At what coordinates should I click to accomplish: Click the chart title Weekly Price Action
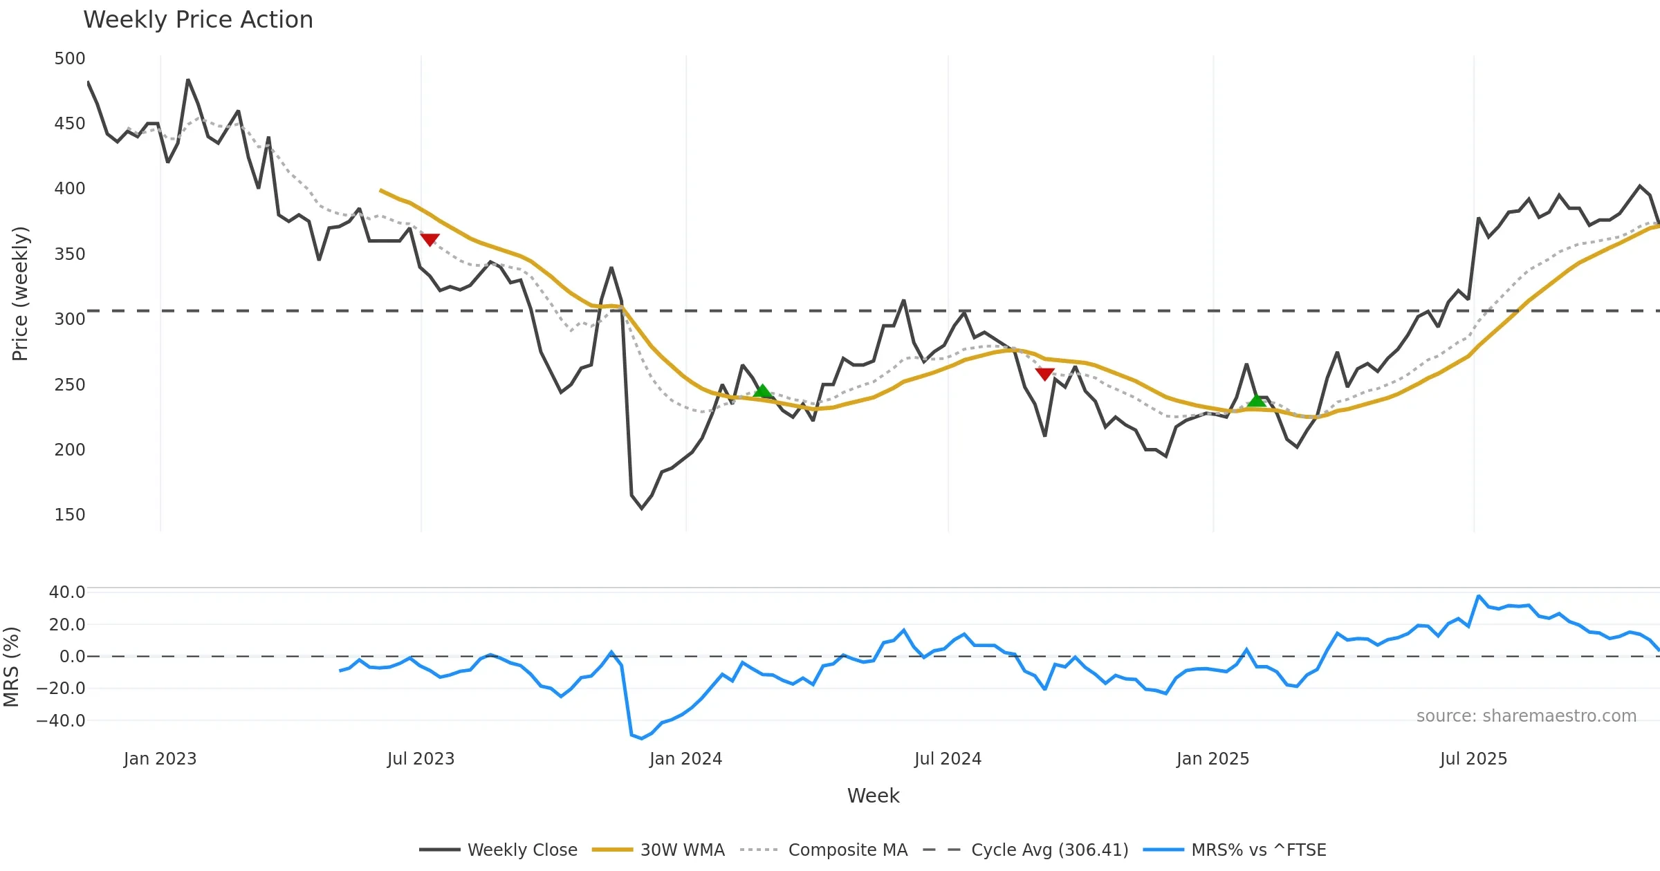click(x=198, y=20)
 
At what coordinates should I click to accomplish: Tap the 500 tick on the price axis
click(x=70, y=59)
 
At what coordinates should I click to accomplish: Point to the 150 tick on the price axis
click(x=70, y=515)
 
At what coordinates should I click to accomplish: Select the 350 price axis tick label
click(x=70, y=254)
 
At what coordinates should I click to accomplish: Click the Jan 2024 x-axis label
click(x=685, y=759)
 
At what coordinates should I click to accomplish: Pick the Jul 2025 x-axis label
click(x=1473, y=759)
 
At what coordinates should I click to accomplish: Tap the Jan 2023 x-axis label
click(x=160, y=759)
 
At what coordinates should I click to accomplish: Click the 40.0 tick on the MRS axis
click(x=67, y=592)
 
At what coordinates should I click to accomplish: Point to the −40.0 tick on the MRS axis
click(x=62, y=721)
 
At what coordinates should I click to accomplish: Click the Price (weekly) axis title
click(x=20, y=294)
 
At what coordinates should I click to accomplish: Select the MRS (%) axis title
click(x=11, y=667)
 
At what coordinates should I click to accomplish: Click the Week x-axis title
click(x=873, y=796)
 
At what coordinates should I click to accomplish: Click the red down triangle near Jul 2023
click(x=430, y=240)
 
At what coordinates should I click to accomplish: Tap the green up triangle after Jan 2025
click(x=1257, y=400)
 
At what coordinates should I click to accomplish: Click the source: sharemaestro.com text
click(x=1526, y=716)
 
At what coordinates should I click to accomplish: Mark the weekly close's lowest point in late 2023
click(x=642, y=509)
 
